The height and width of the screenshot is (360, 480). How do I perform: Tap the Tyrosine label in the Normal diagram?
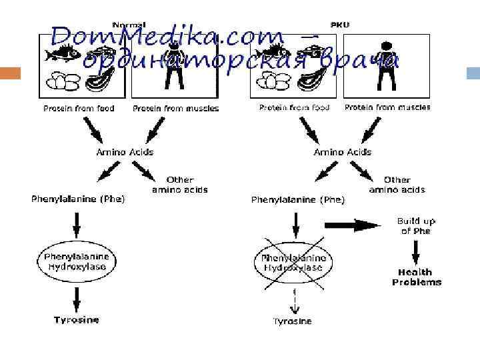click(77, 320)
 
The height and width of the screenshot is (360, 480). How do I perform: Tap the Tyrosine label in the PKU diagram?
click(292, 321)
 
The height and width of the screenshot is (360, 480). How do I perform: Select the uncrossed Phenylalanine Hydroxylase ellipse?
click(77, 261)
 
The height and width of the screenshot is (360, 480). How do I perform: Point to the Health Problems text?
click(416, 277)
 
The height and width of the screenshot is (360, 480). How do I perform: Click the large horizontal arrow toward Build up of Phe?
click(361, 225)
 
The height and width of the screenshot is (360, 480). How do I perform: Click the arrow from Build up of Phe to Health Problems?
click(415, 251)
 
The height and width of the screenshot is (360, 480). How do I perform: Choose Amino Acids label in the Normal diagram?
click(125, 152)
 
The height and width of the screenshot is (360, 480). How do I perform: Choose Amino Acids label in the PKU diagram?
click(343, 152)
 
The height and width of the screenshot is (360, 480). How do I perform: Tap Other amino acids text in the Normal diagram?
click(180, 185)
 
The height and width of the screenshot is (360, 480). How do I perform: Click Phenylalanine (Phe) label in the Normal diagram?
click(78, 198)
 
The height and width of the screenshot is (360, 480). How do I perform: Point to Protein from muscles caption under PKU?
click(387, 107)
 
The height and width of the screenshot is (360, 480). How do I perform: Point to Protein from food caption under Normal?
click(79, 108)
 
